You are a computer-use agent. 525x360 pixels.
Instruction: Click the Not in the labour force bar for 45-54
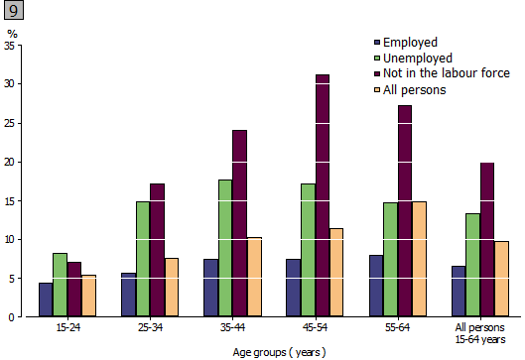point(322,195)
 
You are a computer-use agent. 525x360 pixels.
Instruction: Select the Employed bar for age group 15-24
point(46,300)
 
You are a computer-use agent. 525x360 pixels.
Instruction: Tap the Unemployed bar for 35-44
point(225,248)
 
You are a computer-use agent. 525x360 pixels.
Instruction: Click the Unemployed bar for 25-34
point(143,259)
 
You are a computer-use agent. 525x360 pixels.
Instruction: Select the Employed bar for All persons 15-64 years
point(459,291)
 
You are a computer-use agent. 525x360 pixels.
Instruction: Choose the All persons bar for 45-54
point(336,273)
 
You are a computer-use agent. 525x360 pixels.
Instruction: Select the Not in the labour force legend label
point(446,73)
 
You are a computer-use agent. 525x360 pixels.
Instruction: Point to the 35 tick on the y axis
point(11,46)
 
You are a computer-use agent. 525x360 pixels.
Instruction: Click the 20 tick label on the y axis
point(11,162)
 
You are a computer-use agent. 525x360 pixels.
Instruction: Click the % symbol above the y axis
point(12,34)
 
